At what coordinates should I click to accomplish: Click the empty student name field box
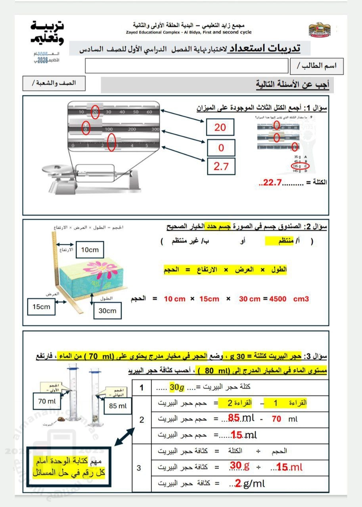click(186, 66)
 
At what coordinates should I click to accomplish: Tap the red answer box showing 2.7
click(221, 166)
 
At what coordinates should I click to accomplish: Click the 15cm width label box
click(42, 307)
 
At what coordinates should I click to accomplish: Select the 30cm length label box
click(107, 311)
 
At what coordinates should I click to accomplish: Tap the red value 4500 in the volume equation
click(278, 299)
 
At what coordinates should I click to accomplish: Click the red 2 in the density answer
click(238, 483)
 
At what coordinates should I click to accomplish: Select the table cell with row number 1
click(142, 387)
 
